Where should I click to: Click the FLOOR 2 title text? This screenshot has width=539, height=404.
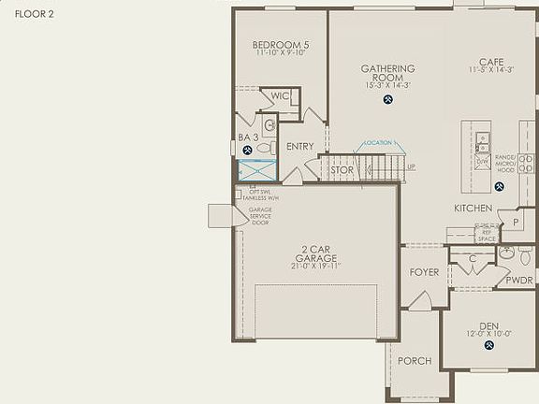[34, 15]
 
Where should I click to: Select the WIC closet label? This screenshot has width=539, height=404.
[279, 96]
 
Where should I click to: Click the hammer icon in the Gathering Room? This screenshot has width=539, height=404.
[386, 99]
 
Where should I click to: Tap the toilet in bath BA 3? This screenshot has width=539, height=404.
[264, 148]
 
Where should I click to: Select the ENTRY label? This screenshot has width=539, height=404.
[299, 147]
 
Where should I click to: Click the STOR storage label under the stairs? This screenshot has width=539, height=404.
[342, 170]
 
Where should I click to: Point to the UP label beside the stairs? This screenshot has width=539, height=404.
[411, 167]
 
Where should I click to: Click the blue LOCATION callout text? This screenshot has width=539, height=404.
[379, 143]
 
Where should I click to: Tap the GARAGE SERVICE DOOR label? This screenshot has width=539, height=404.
[260, 216]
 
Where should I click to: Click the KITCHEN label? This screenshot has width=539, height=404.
[473, 208]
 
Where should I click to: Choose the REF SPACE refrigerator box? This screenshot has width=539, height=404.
[487, 236]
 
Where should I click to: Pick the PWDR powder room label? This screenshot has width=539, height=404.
[519, 280]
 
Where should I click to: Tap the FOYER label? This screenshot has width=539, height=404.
[425, 274]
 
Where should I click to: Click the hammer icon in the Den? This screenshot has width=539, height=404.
[488, 345]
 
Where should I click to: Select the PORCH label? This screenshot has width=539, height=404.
[415, 361]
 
